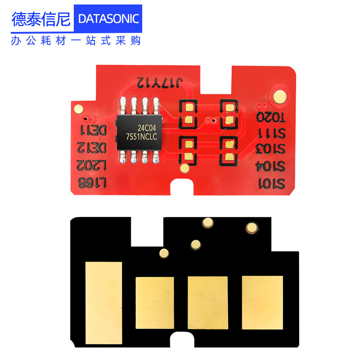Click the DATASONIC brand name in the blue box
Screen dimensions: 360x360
(108, 18)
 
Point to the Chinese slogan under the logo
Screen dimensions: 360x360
(76, 40)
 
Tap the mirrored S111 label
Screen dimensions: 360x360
(271, 134)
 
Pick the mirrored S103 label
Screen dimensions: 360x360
(271, 148)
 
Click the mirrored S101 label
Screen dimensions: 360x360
(271, 183)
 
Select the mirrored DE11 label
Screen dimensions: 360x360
(93, 131)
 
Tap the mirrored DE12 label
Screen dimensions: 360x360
(93, 148)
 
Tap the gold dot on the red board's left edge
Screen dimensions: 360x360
(78, 108)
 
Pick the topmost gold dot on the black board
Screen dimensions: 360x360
(207, 222)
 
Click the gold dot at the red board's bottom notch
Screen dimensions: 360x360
(184, 168)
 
